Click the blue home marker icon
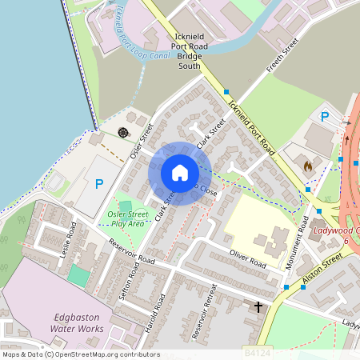[180, 173]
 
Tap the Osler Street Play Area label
[125, 218]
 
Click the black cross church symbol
[258, 306]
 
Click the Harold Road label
[159, 310]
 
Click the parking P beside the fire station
[325, 117]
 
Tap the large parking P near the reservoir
[99, 183]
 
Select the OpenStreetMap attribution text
[80, 354]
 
